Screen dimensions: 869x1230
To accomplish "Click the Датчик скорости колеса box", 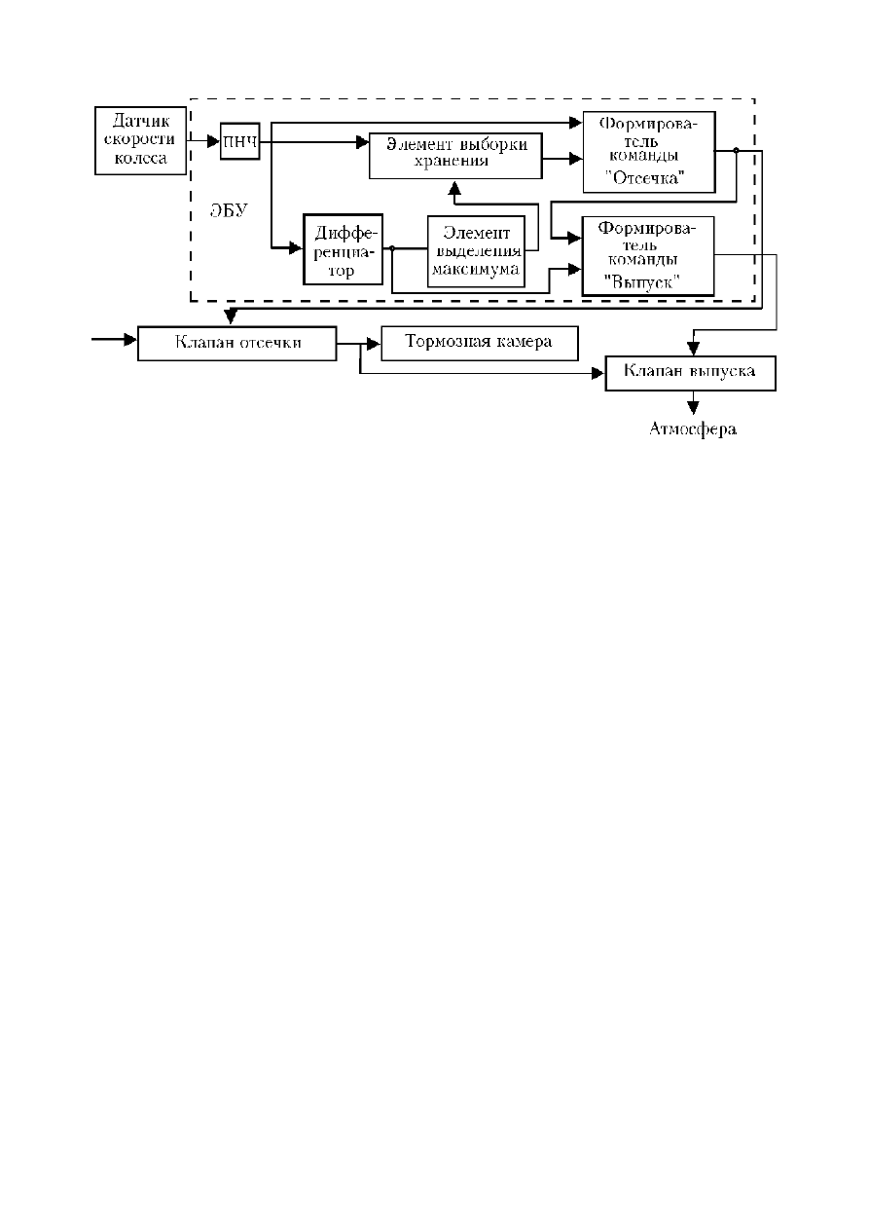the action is tap(140, 140).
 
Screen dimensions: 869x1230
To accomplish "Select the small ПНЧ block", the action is tap(239, 141).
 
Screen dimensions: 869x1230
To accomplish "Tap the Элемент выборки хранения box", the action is tap(455, 156).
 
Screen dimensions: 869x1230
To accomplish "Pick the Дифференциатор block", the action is tap(343, 249).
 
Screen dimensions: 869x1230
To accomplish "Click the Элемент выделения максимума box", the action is tap(476, 251).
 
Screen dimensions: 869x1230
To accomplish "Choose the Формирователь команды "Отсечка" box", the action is tap(648, 152).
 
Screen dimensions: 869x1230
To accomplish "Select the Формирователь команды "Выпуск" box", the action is tap(648, 256).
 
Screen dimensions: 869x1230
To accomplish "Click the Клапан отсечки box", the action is tap(237, 343).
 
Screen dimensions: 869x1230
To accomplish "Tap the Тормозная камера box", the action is tap(480, 343).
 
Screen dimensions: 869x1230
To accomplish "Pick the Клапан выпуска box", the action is tap(690, 373).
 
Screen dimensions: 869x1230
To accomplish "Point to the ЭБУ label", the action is tap(229, 210).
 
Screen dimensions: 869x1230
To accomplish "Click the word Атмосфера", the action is tap(692, 429).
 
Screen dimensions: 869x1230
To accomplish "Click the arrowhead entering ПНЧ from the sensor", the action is tap(214, 141).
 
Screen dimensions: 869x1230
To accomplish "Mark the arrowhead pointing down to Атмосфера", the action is tap(693, 407).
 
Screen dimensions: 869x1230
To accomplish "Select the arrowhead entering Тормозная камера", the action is tap(374, 344).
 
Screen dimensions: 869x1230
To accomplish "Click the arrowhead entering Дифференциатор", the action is tap(296, 248).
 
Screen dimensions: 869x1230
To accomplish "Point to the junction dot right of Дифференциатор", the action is tap(392, 248).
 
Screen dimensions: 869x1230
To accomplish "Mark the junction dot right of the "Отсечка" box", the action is tap(737, 150).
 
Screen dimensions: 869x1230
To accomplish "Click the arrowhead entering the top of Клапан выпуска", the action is tap(693, 349).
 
